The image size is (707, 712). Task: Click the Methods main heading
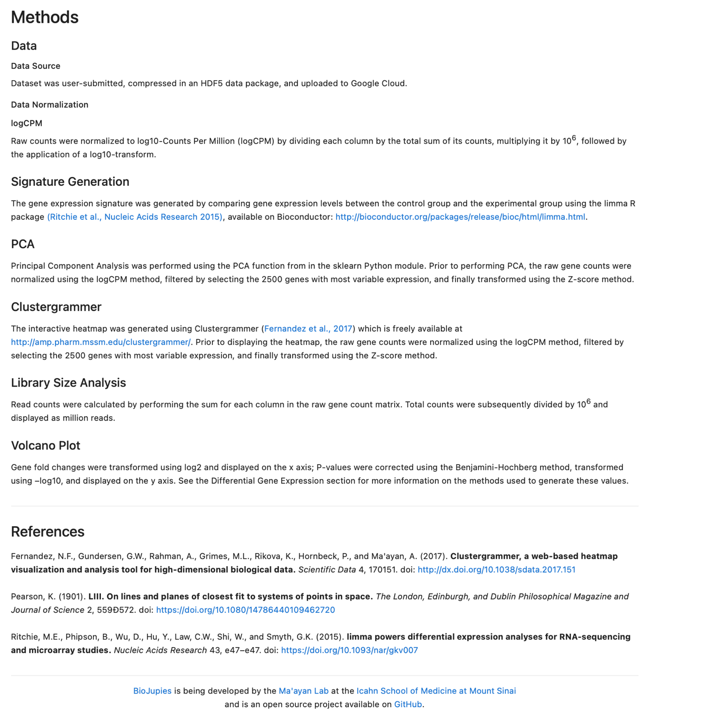[x=44, y=17]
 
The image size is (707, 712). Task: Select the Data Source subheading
[x=35, y=66]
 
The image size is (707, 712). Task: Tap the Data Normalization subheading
[x=50, y=105]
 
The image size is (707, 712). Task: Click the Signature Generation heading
[x=70, y=182]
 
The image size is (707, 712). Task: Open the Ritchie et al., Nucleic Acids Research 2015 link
[x=135, y=217]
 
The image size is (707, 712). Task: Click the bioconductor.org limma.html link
[x=460, y=217]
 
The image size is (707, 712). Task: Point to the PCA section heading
[x=23, y=244]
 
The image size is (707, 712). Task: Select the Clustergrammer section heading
[x=56, y=307]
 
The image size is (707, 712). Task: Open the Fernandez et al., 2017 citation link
[x=308, y=329]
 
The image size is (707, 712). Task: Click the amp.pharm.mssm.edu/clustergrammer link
[x=100, y=342]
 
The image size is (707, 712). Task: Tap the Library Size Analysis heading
[x=68, y=383]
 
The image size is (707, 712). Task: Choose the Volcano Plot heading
[x=45, y=446]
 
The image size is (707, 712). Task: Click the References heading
[x=48, y=531]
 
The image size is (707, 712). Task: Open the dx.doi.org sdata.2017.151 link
[x=496, y=570]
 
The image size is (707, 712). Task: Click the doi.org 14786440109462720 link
[x=245, y=610]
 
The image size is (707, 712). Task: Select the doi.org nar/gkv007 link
[x=349, y=650]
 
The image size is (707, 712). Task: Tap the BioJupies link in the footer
[x=152, y=691]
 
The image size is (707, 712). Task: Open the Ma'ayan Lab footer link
[x=303, y=691]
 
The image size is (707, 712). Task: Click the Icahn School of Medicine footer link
[x=436, y=691]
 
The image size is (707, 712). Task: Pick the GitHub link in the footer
[x=408, y=705]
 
